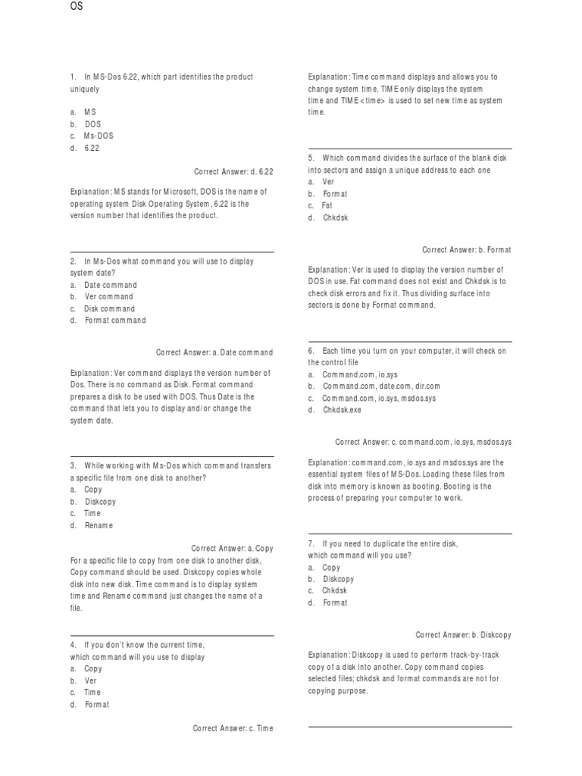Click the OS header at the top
click(x=76, y=7)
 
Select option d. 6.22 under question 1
click(x=85, y=148)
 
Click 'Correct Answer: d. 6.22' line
click(x=233, y=172)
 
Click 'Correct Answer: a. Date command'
click(x=214, y=352)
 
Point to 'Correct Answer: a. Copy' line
click(x=232, y=548)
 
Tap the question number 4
click(x=74, y=645)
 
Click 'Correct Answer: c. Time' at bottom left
click(x=233, y=728)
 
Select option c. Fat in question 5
click(x=320, y=205)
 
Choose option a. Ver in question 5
click(x=321, y=182)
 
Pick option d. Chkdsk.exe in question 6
click(x=334, y=410)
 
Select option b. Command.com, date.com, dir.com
click(x=374, y=386)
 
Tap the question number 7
click(x=311, y=543)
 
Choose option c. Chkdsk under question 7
click(x=327, y=590)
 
